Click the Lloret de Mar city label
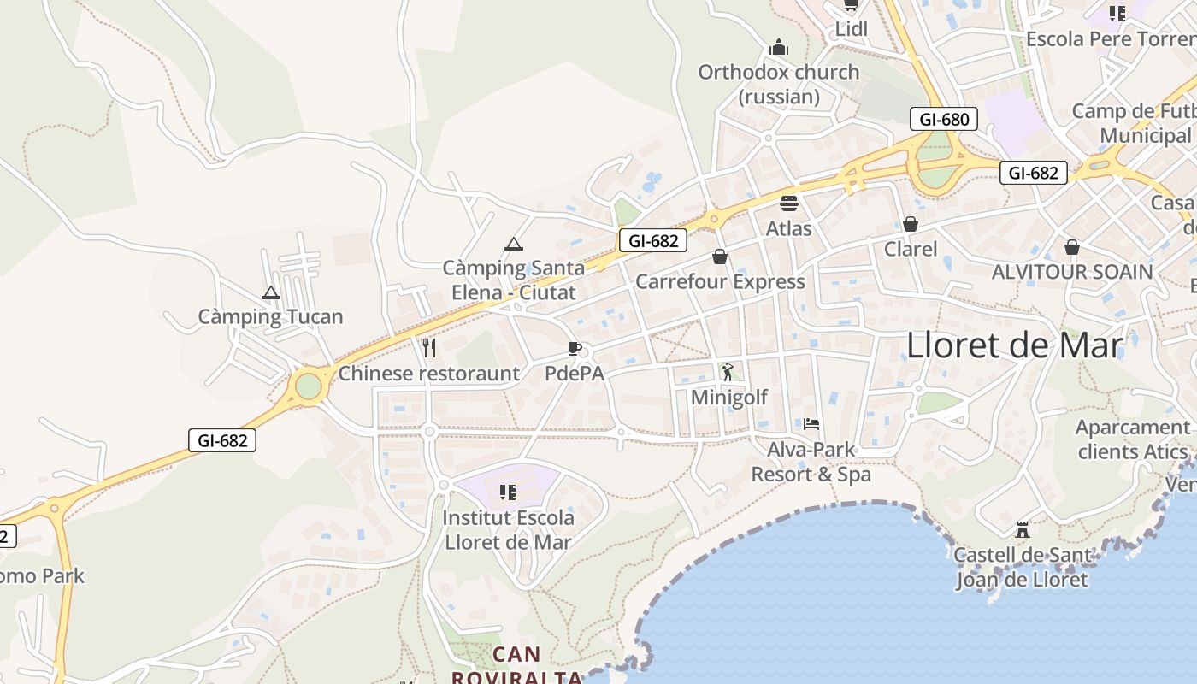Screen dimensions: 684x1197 click(1014, 345)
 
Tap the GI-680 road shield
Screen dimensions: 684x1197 click(944, 120)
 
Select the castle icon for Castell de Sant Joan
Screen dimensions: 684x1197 click(1022, 529)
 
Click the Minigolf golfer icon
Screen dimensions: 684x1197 click(728, 372)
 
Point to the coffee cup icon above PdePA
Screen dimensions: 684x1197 click(575, 349)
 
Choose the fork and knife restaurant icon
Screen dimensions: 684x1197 click(429, 347)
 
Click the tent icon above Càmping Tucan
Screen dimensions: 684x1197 click(271, 293)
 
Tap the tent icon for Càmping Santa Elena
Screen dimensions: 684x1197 click(513, 245)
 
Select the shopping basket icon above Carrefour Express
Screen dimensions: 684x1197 click(720, 256)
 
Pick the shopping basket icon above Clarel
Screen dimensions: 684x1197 click(911, 224)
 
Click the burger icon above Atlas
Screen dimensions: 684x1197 click(788, 203)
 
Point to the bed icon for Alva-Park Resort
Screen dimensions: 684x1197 click(811, 424)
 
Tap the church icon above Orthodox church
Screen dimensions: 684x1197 click(778, 46)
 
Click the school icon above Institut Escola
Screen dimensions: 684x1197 click(508, 492)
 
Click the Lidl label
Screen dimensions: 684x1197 click(851, 30)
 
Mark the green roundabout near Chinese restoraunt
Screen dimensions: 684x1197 click(308, 386)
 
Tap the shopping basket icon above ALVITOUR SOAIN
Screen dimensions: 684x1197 click(1072, 247)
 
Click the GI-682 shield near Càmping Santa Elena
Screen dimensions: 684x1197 click(653, 241)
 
